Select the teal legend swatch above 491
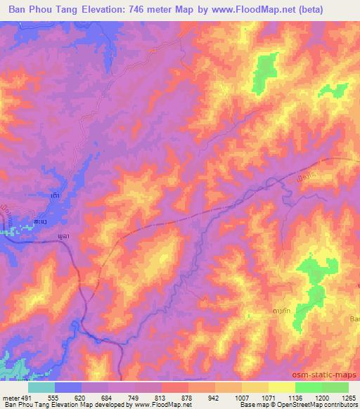coord(41,387)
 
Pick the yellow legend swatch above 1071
coord(255,387)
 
